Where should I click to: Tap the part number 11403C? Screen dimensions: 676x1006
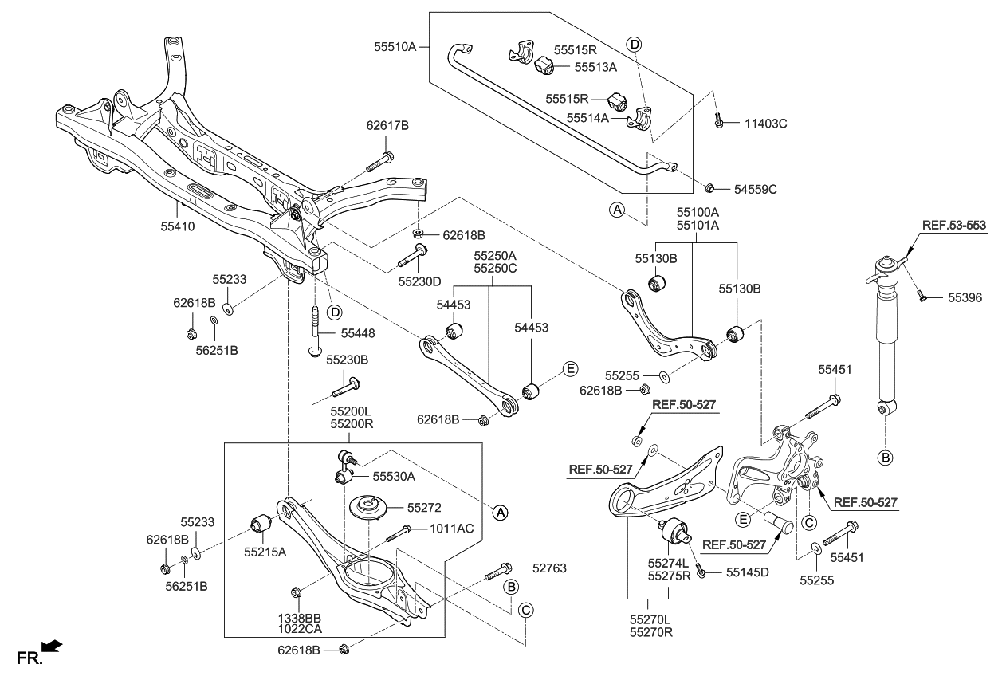[x=766, y=124]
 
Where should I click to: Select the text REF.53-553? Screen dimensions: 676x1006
[x=954, y=226]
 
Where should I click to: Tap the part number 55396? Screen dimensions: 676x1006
[x=965, y=297]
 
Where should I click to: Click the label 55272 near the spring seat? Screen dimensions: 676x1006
[x=424, y=507]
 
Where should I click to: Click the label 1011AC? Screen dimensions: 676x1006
[x=452, y=528]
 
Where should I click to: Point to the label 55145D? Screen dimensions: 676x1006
[x=748, y=572]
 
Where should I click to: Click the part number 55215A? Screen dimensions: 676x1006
[x=265, y=551]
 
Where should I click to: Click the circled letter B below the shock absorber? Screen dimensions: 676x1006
[x=885, y=458]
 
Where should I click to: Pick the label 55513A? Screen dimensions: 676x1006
[x=595, y=68]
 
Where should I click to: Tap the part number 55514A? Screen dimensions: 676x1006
[x=588, y=117]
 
